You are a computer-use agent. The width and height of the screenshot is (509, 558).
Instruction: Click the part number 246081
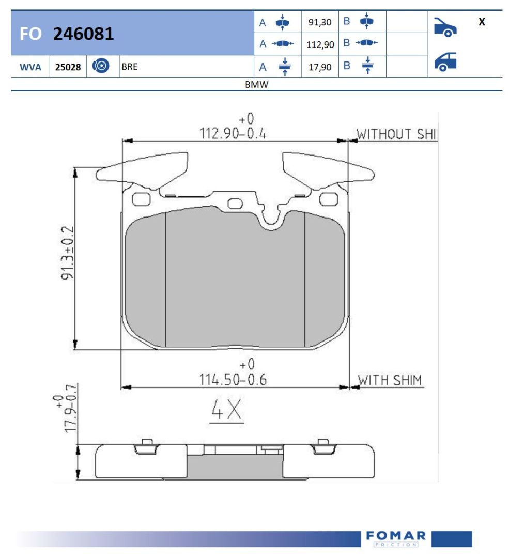83,34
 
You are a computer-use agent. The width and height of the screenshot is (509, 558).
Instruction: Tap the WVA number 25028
68,67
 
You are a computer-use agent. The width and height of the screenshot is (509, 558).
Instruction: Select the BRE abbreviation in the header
130,67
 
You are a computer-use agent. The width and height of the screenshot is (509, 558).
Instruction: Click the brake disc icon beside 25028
101,66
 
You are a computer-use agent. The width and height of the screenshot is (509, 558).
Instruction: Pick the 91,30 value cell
320,22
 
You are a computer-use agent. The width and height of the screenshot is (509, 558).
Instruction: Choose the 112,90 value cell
320,45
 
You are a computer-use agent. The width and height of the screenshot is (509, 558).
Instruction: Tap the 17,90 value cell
320,67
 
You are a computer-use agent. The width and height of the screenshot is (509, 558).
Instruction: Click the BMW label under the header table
257,85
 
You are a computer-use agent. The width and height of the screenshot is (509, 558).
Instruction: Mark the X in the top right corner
482,22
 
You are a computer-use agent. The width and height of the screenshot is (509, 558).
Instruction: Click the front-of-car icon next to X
445,27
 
